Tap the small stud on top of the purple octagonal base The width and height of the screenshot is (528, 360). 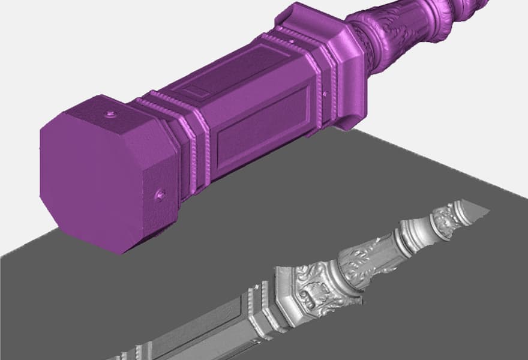(110, 113)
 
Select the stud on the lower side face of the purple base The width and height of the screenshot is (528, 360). (160, 194)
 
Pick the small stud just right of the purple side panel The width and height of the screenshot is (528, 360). (326, 94)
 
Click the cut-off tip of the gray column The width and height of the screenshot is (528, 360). (477, 208)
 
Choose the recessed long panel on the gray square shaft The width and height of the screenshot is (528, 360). (204, 336)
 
